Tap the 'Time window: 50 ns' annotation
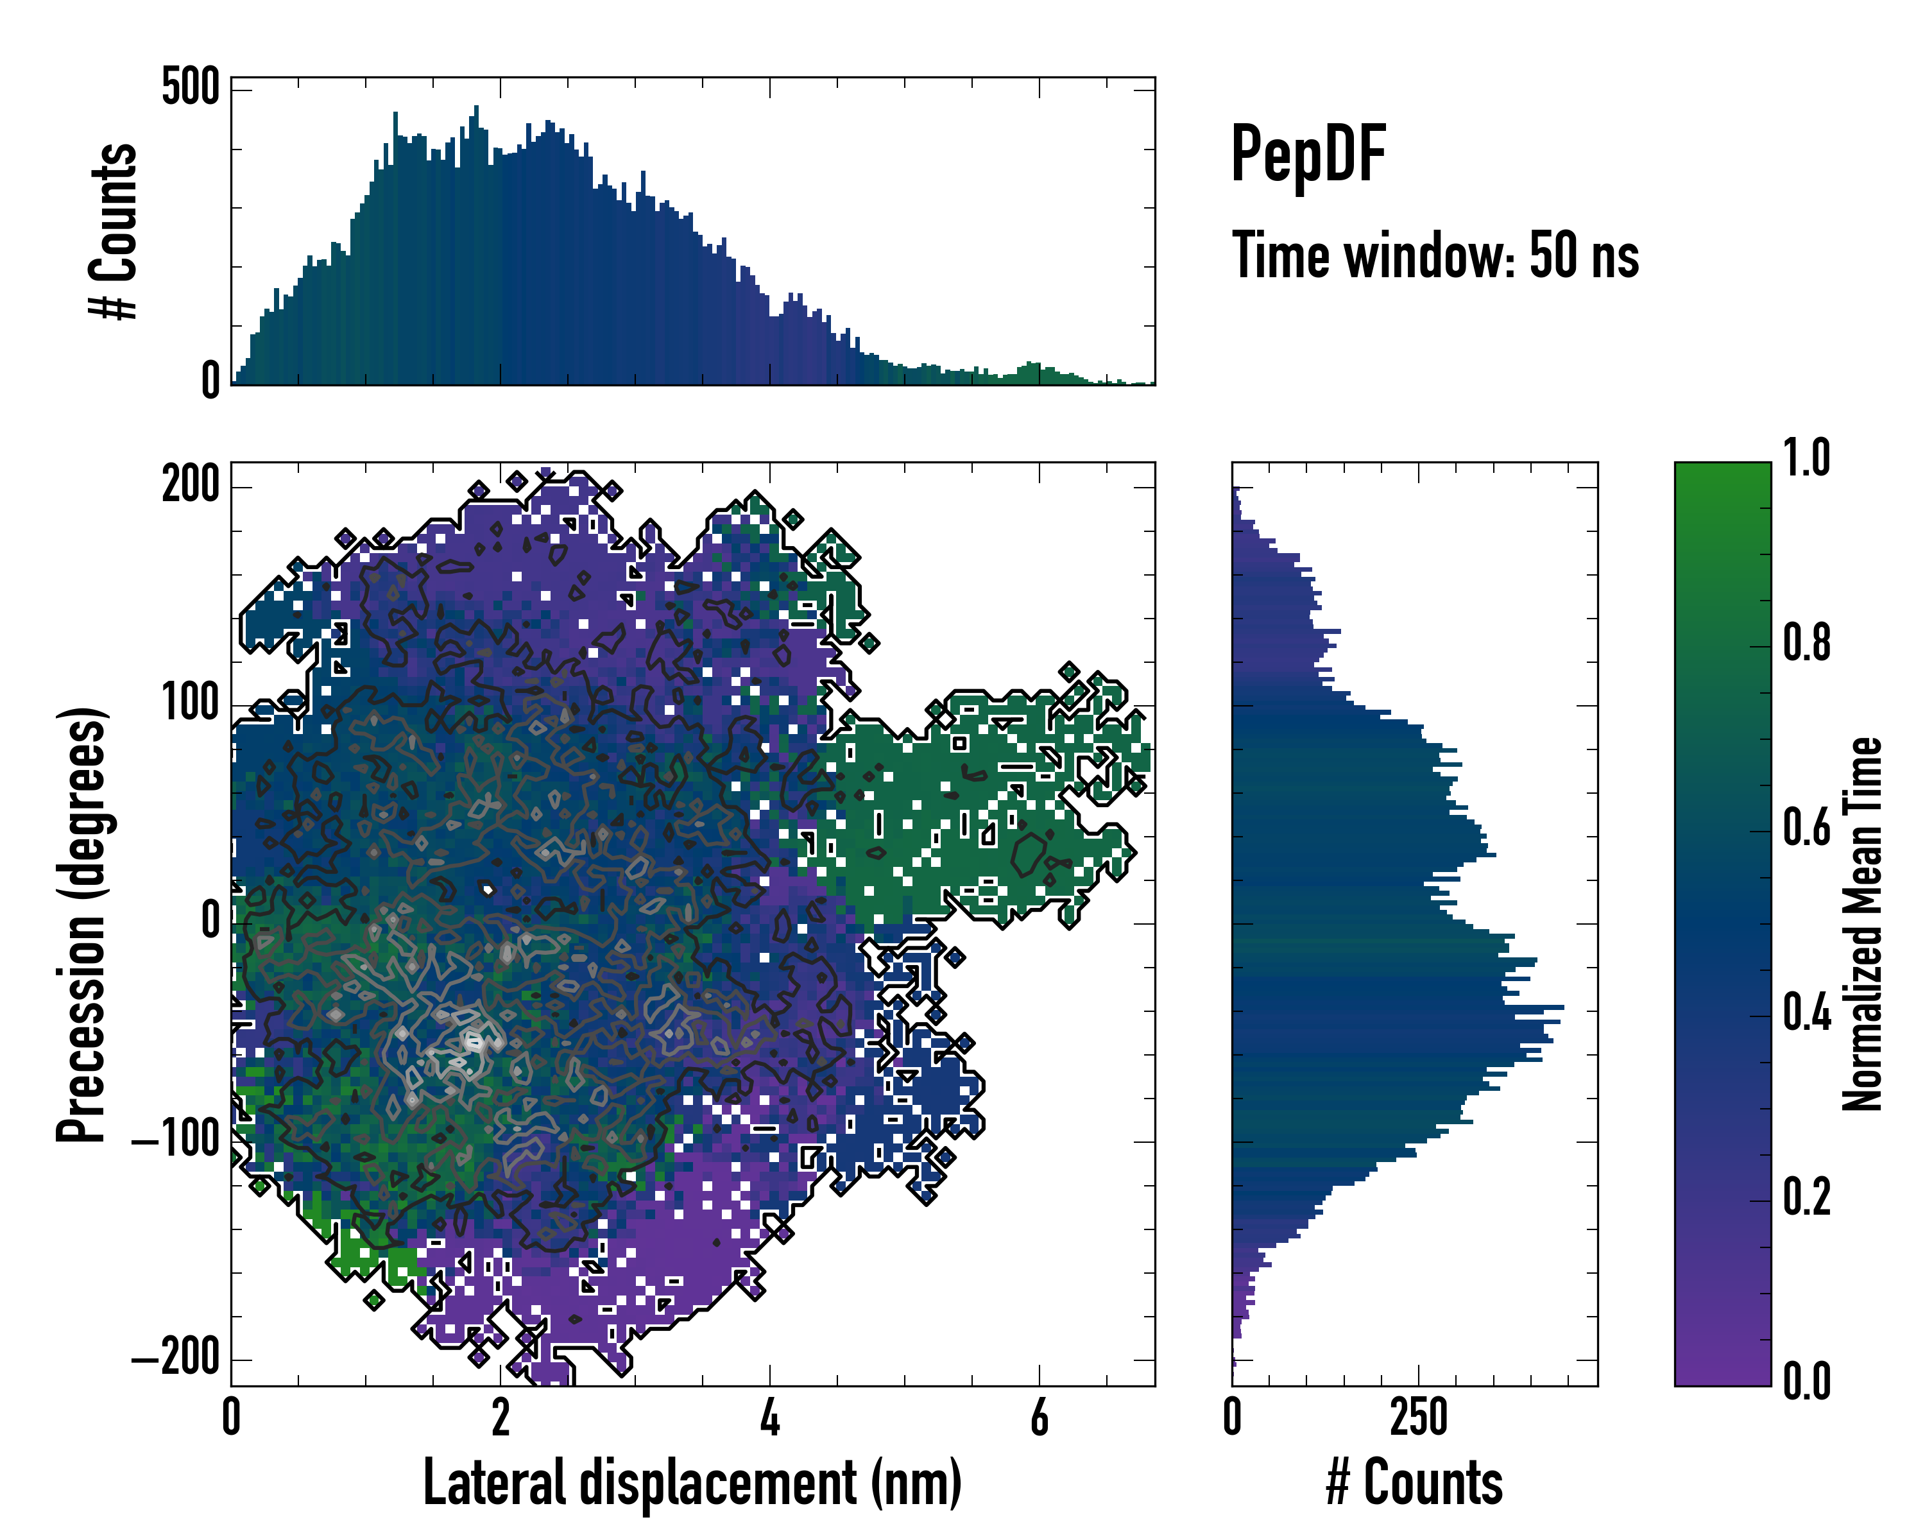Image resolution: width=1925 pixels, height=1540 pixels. [1435, 256]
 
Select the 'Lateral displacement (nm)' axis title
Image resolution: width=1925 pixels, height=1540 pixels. [692, 1483]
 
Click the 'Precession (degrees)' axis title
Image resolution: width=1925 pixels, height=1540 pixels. [82, 924]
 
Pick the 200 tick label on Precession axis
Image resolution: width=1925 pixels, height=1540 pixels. [190, 486]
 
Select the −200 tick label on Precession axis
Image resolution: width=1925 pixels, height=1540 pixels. [176, 1360]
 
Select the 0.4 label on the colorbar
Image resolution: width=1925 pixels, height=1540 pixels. [1806, 1014]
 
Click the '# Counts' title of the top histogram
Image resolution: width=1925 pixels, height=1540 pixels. [114, 230]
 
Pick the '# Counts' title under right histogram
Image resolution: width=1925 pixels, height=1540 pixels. [1414, 1483]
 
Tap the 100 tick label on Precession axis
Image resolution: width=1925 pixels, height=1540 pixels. [190, 705]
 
